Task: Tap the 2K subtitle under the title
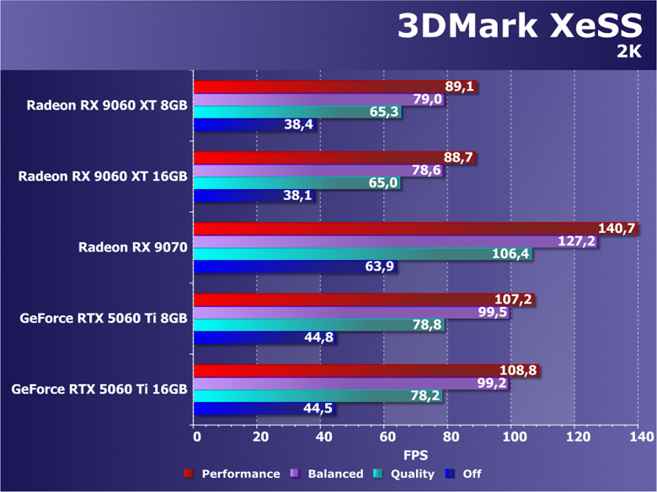tap(628, 52)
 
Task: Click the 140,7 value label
tap(617, 228)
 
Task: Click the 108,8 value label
tap(519, 370)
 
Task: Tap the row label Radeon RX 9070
tap(133, 247)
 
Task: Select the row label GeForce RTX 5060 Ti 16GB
tap(99, 389)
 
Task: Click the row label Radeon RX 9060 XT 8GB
tap(107, 105)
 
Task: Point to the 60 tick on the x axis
tap(386, 436)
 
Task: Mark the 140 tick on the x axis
tap(638, 436)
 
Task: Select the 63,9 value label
tap(378, 267)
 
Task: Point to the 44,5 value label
tap(317, 409)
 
